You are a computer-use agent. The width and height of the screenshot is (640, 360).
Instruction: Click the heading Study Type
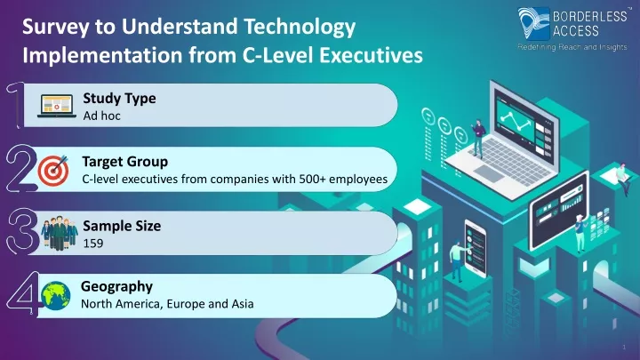(119, 99)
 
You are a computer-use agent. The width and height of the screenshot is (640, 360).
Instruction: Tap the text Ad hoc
(101, 116)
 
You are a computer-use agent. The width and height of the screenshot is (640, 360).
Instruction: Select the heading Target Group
(125, 162)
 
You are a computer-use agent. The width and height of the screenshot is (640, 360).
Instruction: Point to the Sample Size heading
(122, 226)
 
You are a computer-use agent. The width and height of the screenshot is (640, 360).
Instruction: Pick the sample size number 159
(93, 244)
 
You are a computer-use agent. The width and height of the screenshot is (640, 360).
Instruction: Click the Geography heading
(116, 286)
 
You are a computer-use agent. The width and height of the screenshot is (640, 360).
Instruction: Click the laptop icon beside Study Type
(57, 106)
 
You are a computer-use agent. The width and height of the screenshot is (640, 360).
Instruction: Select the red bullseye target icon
(53, 170)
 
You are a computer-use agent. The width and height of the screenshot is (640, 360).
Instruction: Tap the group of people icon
(60, 233)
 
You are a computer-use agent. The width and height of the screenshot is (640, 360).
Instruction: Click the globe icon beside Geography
(55, 295)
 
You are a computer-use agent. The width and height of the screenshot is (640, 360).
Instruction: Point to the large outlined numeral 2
(20, 168)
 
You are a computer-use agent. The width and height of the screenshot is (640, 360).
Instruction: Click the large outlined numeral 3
(22, 230)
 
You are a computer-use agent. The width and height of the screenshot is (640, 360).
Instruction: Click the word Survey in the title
(55, 27)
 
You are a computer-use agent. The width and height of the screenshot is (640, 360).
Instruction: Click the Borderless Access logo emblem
(533, 24)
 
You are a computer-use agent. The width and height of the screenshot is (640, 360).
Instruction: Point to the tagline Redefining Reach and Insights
(572, 47)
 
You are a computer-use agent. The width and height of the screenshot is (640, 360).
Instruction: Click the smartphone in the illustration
(475, 248)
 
